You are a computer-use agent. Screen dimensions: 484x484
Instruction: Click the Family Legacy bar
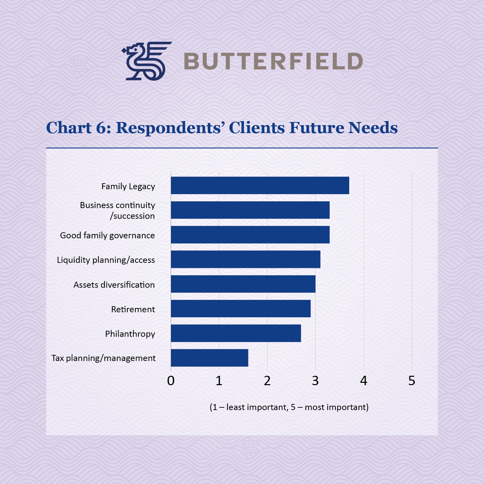tap(260, 186)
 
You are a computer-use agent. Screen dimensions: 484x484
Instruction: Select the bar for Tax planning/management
tap(209, 358)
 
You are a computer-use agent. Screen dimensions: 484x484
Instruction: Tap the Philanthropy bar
tap(236, 333)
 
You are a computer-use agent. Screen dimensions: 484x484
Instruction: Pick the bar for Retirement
tap(241, 309)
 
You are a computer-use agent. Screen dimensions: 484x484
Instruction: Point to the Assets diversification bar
tap(243, 284)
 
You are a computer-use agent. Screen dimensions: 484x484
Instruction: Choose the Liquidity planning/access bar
tap(245, 259)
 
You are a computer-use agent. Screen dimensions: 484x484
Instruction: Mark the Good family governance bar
tap(250, 235)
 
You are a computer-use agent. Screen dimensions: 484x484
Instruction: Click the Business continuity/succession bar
tap(250, 210)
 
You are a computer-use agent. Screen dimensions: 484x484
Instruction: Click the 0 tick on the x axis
tap(171, 381)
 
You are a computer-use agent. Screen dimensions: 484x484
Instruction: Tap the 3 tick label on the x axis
tap(315, 381)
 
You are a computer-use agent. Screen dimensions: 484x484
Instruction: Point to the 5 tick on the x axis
tap(412, 381)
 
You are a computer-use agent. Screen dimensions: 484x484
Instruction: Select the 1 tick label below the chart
tap(219, 381)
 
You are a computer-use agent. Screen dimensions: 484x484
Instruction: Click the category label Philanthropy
tap(130, 334)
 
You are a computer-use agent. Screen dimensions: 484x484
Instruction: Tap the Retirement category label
tap(133, 309)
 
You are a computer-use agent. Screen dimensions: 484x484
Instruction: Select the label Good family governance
tap(107, 235)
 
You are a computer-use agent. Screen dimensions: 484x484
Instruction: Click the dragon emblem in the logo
tap(146, 61)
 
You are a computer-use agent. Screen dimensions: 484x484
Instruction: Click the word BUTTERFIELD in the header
tap(273, 61)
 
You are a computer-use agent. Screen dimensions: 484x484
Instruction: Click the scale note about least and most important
tap(289, 407)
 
